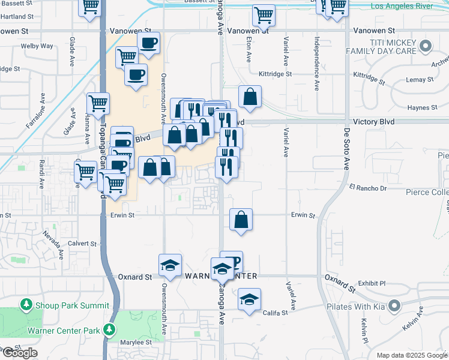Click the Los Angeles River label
coord(409,6)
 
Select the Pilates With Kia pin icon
coord(394,307)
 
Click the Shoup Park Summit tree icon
coord(26,305)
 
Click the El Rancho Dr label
coord(367,188)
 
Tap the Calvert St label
coord(82,244)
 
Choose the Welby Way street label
coord(37,46)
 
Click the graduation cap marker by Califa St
coord(249,299)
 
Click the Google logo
coord(20,353)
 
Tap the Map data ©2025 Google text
coord(412,355)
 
